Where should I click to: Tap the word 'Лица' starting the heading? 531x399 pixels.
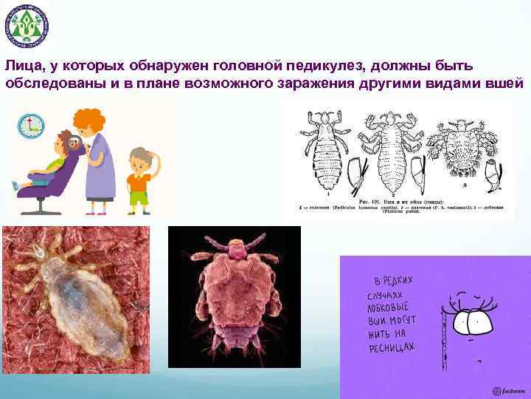[24, 65]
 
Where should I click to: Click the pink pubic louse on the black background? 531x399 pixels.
[234, 296]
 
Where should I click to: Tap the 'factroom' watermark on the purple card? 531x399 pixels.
[510, 390]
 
